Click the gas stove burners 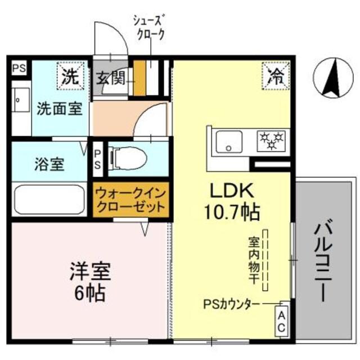[272, 140]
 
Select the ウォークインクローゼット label [130, 200]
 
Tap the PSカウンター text [232, 304]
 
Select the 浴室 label [48, 165]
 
